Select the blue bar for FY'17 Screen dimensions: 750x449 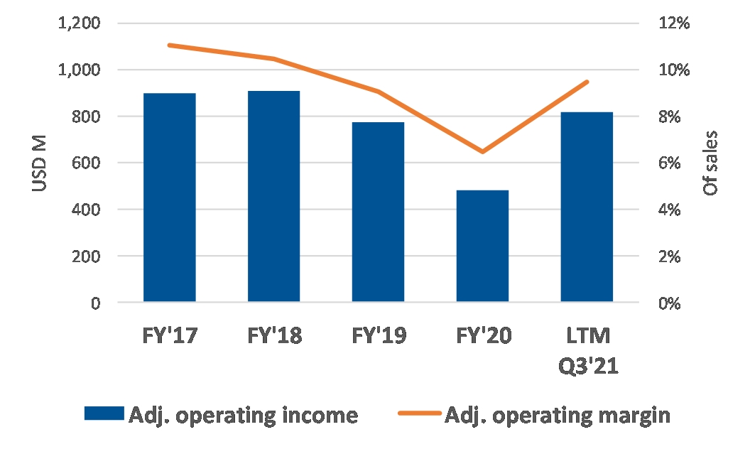tap(169, 198)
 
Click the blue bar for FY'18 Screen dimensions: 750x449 tap(273, 196)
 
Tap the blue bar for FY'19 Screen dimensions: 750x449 tap(378, 212)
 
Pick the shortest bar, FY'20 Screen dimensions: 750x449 tap(482, 246)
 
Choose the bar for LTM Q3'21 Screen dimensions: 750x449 tap(587, 207)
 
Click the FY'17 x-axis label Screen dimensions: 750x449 tap(169, 335)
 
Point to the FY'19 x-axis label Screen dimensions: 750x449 tap(379, 335)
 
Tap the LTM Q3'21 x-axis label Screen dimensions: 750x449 tap(588, 351)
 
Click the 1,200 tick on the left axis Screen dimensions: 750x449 tap(79, 23)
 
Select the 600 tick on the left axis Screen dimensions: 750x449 tap(86, 163)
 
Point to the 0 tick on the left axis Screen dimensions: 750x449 tap(96, 303)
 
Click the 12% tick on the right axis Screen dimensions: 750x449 tap(674, 23)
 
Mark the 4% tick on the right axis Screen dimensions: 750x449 tap(669, 210)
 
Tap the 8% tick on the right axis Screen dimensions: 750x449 tap(669, 117)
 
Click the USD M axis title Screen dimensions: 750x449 tap(40, 163)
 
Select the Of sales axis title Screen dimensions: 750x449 tap(710, 163)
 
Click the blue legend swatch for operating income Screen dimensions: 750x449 tap(104, 413)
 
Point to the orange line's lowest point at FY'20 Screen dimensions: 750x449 tap(482, 152)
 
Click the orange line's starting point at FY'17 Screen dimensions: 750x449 tap(169, 45)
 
